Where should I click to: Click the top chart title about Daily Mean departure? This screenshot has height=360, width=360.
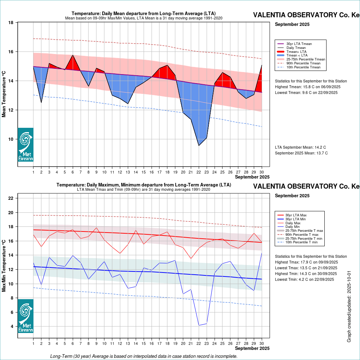coord(144,14)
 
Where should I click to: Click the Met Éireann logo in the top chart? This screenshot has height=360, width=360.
coord(26,145)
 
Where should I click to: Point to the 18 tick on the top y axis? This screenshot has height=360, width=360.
coord(11,23)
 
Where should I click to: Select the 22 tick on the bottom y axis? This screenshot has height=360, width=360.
coord(11,198)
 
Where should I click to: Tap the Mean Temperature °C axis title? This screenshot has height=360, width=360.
coord(4,94)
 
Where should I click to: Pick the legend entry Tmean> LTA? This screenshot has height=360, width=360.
coord(297,51)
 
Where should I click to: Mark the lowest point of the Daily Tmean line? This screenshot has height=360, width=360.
coord(199,145)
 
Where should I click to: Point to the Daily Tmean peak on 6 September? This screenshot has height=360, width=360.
coord(73,55)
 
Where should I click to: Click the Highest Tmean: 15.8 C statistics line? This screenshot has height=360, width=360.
coord(307,87)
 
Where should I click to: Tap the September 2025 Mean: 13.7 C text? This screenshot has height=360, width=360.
coord(301,153)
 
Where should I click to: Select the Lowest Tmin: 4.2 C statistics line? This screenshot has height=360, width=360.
coord(306,279)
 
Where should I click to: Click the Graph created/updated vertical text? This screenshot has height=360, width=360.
coord(349,306)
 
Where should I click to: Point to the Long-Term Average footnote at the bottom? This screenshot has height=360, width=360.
coord(144,356)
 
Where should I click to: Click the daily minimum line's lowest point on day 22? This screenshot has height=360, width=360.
coord(199,325)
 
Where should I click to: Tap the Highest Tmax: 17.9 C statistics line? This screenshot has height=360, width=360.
coord(306,262)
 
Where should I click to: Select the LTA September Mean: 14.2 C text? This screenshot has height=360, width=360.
coord(300,148)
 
